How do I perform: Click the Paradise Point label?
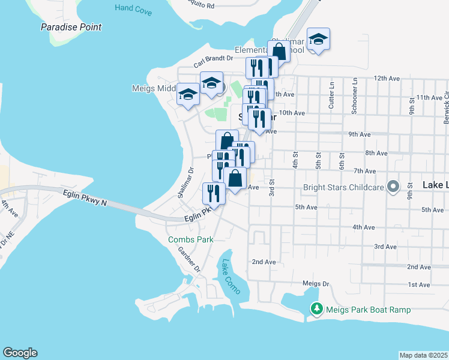point(71,27)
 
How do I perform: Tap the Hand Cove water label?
point(133,8)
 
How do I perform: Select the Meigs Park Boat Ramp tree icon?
point(316,310)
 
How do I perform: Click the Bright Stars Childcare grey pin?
point(393,187)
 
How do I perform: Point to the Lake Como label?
point(231,277)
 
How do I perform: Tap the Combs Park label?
point(191,239)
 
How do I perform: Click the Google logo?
point(20,353)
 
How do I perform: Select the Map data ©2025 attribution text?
point(424,355)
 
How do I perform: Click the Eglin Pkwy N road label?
point(84,198)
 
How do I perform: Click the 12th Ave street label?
point(387,79)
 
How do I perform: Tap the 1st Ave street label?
point(420,284)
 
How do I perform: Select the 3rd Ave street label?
point(385,247)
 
